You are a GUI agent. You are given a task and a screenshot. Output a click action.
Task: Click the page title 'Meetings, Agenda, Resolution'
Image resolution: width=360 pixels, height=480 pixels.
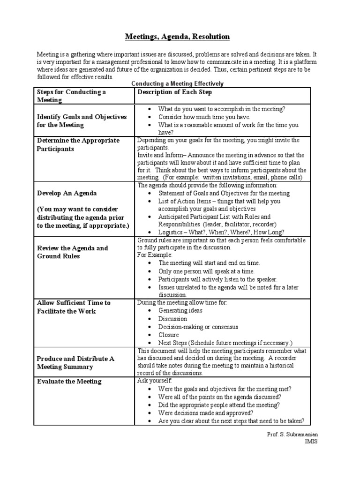(x=177, y=36)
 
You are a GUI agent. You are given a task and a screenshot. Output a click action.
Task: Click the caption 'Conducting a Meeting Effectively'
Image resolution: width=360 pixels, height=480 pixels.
(x=177, y=83)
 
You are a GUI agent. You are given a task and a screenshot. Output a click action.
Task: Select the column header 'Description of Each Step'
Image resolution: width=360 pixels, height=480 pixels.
(x=174, y=92)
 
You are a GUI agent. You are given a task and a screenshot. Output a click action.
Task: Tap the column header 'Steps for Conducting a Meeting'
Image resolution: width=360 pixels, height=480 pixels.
(x=71, y=96)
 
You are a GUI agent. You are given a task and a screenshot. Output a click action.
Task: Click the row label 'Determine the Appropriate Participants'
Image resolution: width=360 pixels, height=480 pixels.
(x=78, y=144)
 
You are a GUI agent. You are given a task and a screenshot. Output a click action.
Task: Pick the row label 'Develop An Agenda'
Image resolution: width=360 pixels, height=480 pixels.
(x=67, y=193)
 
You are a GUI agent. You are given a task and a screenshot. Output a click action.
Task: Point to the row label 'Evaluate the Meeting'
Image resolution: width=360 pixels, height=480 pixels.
(x=69, y=381)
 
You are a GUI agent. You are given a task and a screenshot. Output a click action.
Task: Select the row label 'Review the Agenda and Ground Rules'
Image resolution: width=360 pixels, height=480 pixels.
(x=72, y=252)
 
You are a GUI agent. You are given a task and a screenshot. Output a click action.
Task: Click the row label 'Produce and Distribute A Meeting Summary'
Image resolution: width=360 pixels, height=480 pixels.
(x=75, y=362)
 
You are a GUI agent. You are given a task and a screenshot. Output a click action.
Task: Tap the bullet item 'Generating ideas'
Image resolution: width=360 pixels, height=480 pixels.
(x=180, y=311)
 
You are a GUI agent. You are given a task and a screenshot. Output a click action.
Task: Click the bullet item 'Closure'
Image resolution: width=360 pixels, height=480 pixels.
(x=168, y=335)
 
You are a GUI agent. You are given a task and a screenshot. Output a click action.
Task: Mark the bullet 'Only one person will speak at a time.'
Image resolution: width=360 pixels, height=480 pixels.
(x=206, y=271)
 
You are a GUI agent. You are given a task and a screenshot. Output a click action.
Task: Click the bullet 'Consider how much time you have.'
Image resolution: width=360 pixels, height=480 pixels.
(x=204, y=117)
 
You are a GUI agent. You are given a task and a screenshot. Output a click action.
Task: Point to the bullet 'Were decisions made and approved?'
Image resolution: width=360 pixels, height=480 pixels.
(x=206, y=413)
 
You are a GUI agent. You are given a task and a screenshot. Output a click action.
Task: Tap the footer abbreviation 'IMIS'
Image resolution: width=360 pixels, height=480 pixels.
(x=311, y=442)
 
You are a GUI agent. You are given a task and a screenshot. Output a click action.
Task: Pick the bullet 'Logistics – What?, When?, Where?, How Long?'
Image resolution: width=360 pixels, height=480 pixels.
(x=221, y=232)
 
